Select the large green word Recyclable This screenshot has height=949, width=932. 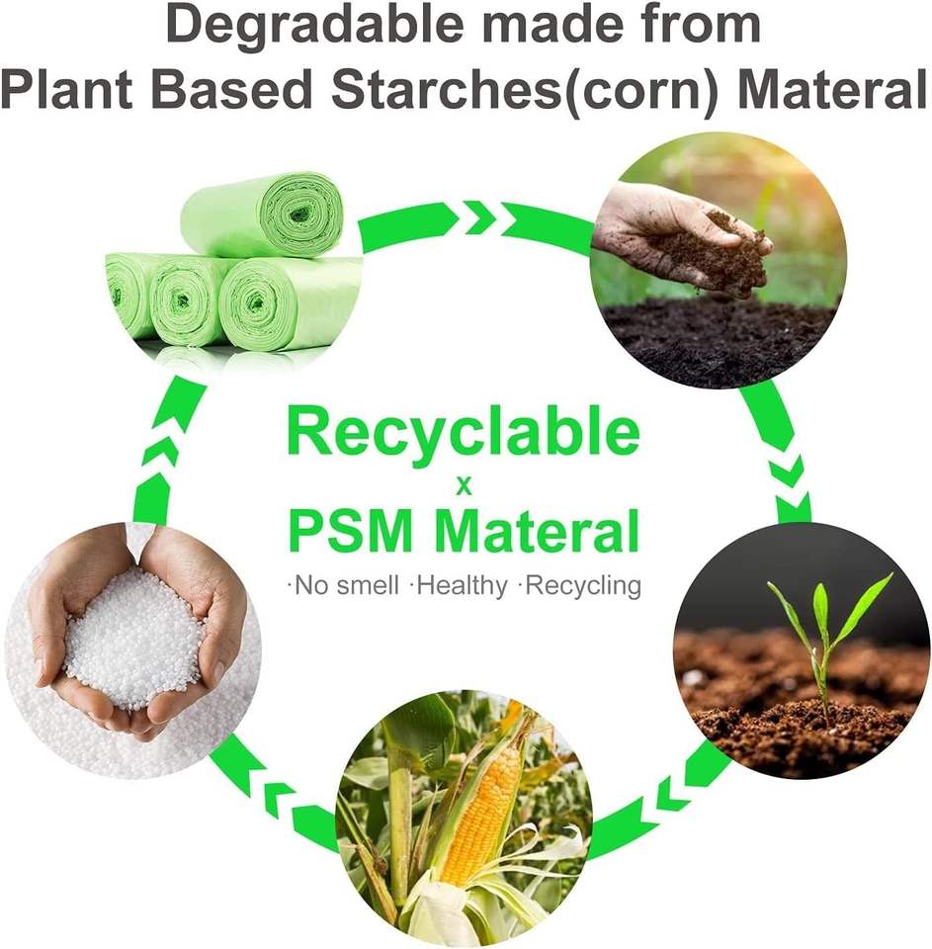[464, 435]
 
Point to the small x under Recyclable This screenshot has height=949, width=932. [463, 486]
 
